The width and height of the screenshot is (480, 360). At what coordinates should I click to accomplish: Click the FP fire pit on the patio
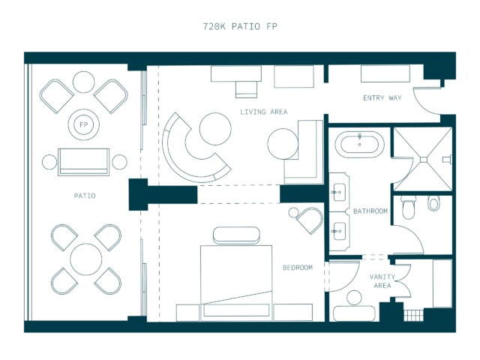pyautogui.click(x=83, y=124)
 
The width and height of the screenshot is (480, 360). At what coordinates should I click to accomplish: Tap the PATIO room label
pyautogui.click(x=85, y=196)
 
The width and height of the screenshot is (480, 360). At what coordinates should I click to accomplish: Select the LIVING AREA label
pyautogui.click(x=263, y=112)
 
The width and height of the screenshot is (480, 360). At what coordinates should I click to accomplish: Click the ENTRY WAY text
pyautogui.click(x=382, y=98)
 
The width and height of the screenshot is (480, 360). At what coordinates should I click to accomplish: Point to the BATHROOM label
pyautogui.click(x=370, y=211)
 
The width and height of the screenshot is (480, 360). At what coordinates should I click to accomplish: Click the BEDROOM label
pyautogui.click(x=298, y=268)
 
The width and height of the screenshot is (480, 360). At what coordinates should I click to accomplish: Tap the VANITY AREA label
pyautogui.click(x=382, y=281)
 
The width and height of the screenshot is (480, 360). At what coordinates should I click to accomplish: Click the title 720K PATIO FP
pyautogui.click(x=240, y=27)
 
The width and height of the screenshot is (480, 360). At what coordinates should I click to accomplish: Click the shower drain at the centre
pyautogui.click(x=424, y=160)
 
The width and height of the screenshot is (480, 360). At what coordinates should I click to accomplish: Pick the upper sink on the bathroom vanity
pyautogui.click(x=339, y=192)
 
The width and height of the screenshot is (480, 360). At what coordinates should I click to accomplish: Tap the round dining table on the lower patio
pyautogui.click(x=86, y=259)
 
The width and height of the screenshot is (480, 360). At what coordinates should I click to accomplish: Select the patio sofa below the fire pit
pyautogui.click(x=83, y=162)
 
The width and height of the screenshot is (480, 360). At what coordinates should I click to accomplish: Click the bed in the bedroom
pyautogui.click(x=236, y=283)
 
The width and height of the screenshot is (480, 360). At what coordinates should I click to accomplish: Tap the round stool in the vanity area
pyautogui.click(x=355, y=298)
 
